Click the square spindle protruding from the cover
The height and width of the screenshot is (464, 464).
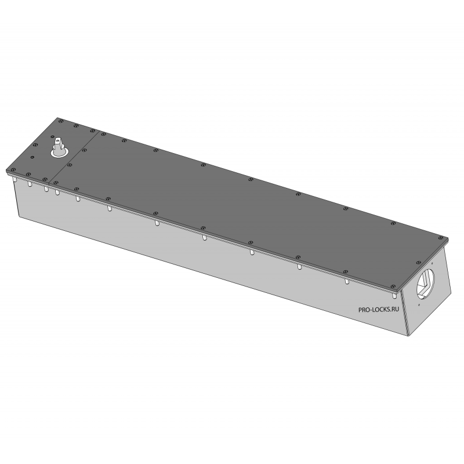[x=59, y=144]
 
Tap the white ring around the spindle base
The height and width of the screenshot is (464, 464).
[x=60, y=154]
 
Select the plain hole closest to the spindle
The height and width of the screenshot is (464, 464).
[x=52, y=137]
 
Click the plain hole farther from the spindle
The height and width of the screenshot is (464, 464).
[x=32, y=157]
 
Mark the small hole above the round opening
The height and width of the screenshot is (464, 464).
[x=432, y=263]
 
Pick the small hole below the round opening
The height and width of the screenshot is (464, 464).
[x=419, y=305]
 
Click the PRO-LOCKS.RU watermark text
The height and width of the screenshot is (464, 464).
[x=379, y=310]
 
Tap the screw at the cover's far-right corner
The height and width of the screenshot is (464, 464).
[x=441, y=238]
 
